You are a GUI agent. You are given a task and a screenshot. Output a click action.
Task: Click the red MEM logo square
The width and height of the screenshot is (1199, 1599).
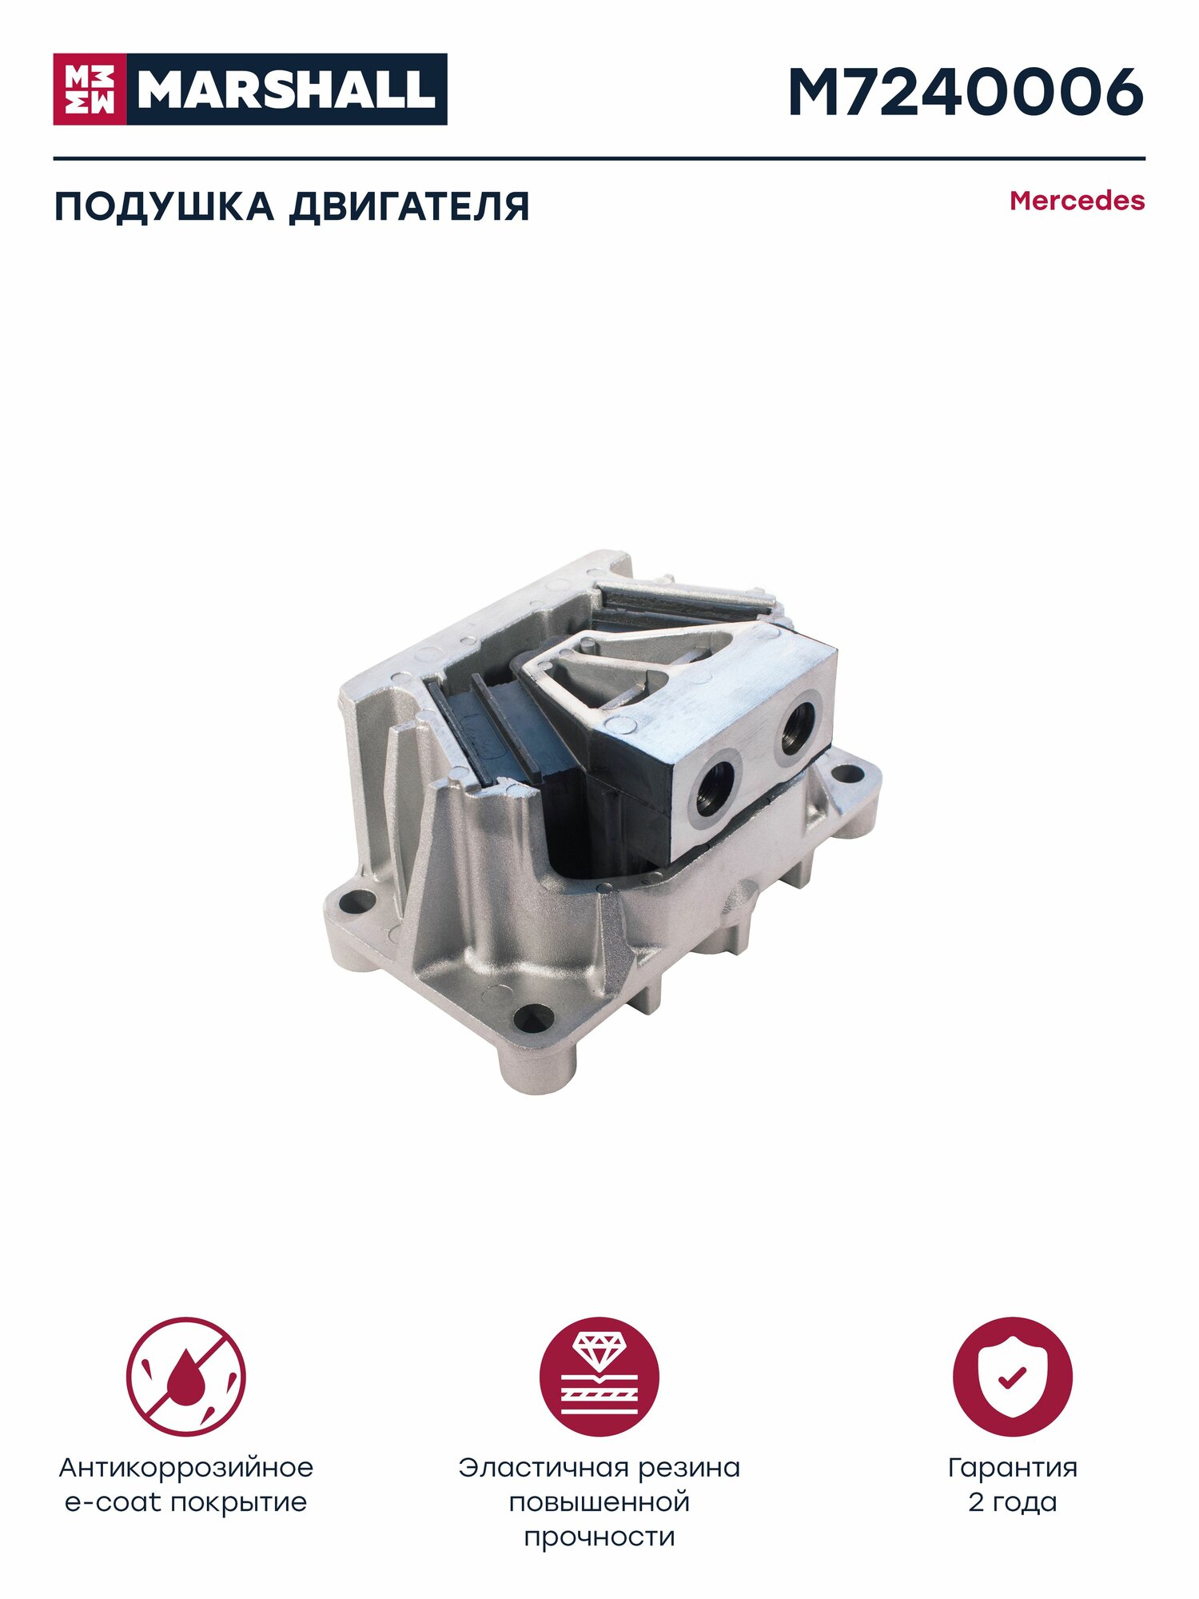(90, 89)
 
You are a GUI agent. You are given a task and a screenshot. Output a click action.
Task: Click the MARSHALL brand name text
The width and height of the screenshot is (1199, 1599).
(286, 90)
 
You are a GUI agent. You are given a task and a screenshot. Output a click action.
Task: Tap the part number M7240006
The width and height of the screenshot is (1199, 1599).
(966, 92)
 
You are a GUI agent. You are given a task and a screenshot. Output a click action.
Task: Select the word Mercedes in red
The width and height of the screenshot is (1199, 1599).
(1077, 201)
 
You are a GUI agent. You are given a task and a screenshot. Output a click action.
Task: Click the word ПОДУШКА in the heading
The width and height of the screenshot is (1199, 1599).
(163, 206)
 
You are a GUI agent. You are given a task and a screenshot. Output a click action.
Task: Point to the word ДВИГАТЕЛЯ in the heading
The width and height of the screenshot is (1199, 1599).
(409, 206)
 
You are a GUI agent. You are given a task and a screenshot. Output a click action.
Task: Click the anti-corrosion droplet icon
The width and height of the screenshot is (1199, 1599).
(185, 1378)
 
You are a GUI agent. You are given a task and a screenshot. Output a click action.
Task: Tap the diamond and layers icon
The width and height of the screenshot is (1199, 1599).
(599, 1378)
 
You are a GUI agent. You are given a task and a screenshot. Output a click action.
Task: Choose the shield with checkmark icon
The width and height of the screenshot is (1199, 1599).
(1013, 1378)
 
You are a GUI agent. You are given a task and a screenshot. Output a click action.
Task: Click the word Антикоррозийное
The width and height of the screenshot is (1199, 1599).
(186, 1468)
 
